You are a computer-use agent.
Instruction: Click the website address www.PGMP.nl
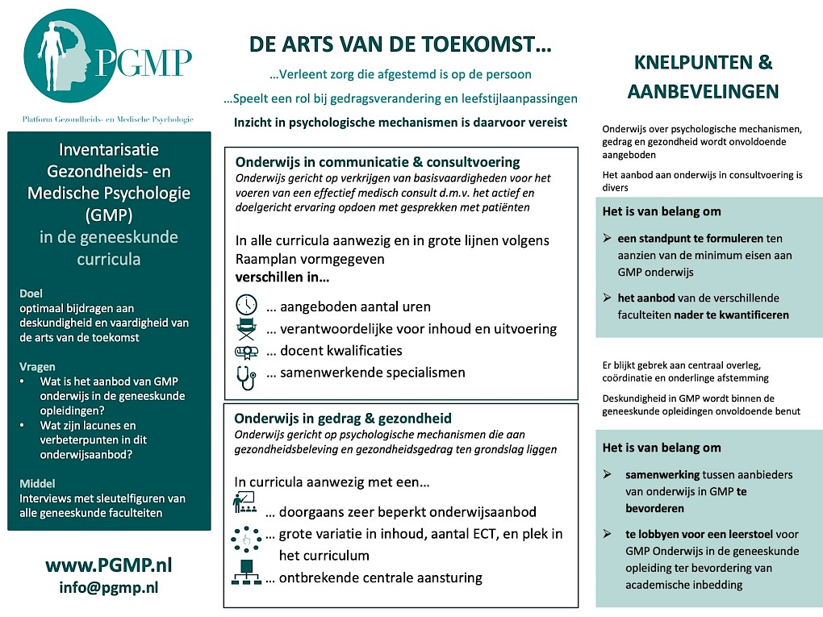[109, 565]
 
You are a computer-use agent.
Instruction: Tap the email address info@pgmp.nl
[108, 587]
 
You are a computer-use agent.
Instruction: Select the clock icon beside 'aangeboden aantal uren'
[246, 306]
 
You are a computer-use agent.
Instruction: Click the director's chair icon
[246, 328]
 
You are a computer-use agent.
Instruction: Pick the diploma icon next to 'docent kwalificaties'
[246, 351]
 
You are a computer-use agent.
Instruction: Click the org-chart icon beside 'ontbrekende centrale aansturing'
[245, 573]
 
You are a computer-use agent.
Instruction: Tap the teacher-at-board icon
[244, 502]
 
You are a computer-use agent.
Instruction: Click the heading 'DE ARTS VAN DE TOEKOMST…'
[400, 44]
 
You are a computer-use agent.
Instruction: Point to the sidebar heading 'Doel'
[31, 294]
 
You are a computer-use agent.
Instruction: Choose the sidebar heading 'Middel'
[37, 483]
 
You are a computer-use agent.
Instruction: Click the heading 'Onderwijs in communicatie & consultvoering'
[378, 162]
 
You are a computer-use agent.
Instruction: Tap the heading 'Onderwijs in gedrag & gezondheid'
[343, 419]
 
